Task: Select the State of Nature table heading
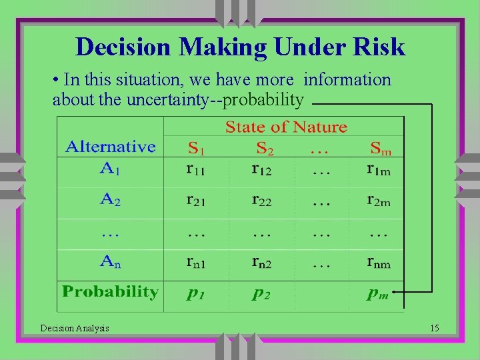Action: pyautogui.click(x=286, y=127)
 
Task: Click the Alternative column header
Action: pyautogui.click(x=110, y=147)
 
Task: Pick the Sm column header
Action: pyautogui.click(x=381, y=148)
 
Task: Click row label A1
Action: pyautogui.click(x=110, y=167)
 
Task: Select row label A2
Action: pyautogui.click(x=110, y=198)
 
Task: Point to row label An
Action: pyautogui.click(x=110, y=262)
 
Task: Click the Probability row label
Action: pyautogui.click(x=110, y=292)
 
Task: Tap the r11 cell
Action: pyautogui.click(x=195, y=169)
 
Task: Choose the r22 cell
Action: pyautogui.click(x=261, y=200)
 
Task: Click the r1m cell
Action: pyautogui.click(x=379, y=169)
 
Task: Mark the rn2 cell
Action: pyautogui.click(x=261, y=263)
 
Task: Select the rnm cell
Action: pyautogui.click(x=379, y=263)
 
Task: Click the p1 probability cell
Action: pyautogui.click(x=195, y=293)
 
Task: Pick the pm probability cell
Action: pyautogui.click(x=377, y=293)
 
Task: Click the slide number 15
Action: pyautogui.click(x=435, y=328)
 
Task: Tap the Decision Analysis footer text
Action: pyautogui.click(x=75, y=328)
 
